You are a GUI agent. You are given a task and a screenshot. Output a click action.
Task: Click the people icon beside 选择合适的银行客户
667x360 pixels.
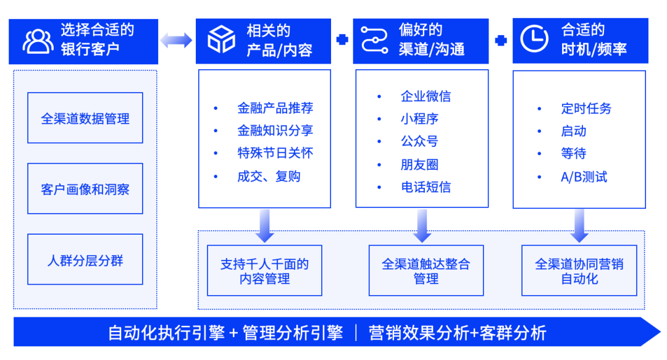(38, 41)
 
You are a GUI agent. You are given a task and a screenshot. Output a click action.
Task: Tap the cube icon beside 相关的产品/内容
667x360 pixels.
(221, 39)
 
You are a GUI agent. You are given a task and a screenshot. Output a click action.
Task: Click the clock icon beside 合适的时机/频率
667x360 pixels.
(534, 39)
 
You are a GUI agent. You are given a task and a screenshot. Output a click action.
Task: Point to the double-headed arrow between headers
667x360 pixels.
(177, 41)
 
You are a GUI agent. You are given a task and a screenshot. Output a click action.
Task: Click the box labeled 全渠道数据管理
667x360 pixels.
(85, 118)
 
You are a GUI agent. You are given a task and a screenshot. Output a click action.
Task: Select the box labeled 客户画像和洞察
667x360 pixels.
(85, 189)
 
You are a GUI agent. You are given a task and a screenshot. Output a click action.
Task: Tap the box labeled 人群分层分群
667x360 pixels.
(85, 260)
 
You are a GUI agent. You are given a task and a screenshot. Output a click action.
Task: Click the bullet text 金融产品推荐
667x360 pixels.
(275, 108)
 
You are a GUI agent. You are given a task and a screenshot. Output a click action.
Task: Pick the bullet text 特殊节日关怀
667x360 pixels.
(275, 153)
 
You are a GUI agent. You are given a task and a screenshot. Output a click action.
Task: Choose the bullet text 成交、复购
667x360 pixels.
(269, 176)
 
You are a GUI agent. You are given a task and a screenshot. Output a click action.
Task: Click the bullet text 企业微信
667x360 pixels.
(426, 96)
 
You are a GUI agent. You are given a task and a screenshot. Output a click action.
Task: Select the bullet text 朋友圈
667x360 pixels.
(419, 164)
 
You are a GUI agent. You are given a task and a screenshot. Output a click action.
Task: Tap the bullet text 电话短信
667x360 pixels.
(426, 187)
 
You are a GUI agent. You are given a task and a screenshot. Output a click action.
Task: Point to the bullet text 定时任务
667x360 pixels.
(586, 108)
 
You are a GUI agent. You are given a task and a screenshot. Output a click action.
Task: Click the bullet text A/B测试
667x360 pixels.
(584, 177)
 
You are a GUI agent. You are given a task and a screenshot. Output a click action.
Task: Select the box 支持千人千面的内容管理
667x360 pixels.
(265, 271)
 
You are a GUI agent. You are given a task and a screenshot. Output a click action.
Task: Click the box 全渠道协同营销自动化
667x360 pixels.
(579, 271)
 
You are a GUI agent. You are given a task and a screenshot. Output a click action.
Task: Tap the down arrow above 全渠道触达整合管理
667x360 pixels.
(422, 226)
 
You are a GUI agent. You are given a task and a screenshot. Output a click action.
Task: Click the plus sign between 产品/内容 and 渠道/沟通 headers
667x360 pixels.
(342, 40)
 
